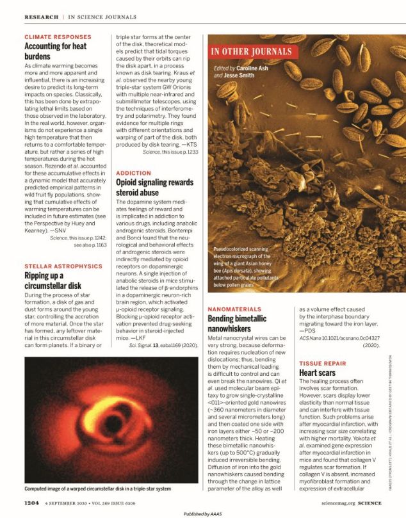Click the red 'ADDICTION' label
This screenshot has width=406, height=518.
tap(133, 173)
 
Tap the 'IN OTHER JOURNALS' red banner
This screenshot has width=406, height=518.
tap(252, 51)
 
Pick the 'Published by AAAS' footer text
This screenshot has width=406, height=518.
tap(202, 514)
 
